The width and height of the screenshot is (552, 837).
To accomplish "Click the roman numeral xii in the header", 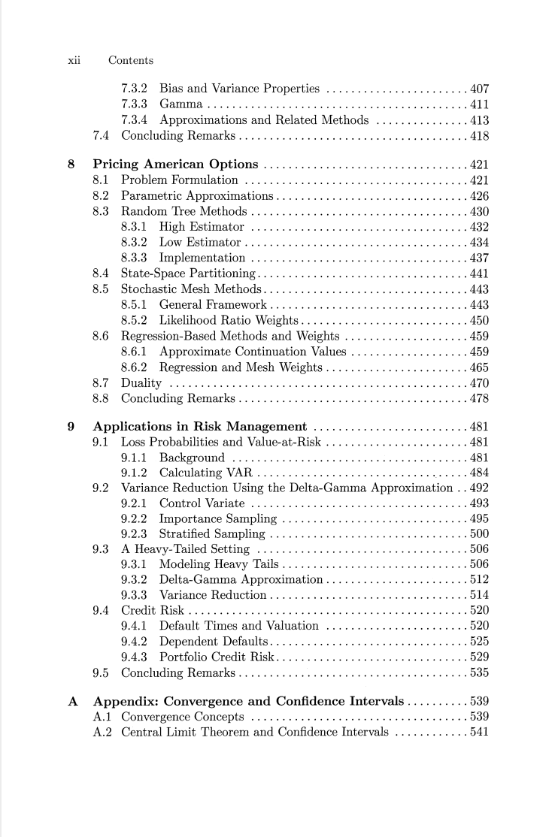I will pos(74,60).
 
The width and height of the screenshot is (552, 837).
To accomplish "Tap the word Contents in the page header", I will pos(131,60).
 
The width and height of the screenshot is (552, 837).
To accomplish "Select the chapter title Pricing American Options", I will pos(175,165).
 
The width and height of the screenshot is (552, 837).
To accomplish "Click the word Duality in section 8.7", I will pos(141,382).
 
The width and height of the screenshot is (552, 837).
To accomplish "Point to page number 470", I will pos(479,382).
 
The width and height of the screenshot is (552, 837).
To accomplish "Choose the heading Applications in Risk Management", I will pos(199,427).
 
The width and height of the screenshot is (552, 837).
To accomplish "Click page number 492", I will pos(479,488).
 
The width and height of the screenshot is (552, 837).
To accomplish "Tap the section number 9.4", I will pos(102,610).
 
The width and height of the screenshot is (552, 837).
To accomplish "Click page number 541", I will pos(479,731).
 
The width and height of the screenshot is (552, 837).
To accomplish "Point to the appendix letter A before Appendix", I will pos(73,702).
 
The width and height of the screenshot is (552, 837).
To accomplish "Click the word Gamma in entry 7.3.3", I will pos(180,104).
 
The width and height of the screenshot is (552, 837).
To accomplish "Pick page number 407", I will pos(479,89).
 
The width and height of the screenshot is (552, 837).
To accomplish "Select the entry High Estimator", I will pos(202,227).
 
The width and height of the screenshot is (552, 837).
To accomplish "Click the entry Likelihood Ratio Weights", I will pos(229,321).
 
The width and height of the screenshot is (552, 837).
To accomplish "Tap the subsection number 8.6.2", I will pos(136,367).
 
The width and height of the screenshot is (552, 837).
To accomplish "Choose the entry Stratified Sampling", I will pos(212,534).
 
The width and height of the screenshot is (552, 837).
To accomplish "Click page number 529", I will pos(479,657).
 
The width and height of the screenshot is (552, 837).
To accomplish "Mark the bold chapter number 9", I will pos(71,427).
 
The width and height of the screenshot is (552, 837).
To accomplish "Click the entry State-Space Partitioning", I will pos(188,273).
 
